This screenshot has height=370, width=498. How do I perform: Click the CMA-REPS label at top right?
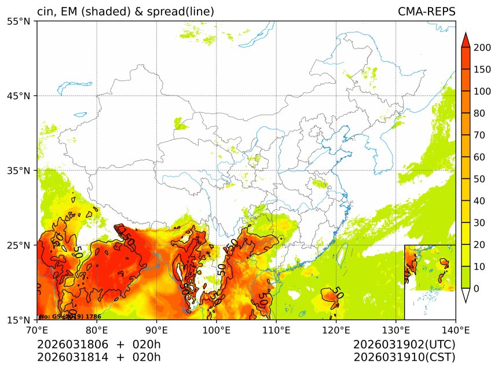pyautogui.click(x=426, y=12)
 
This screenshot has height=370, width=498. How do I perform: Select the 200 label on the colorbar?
pyautogui.click(x=481, y=47)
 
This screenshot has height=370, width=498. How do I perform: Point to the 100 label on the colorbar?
pyautogui.click(x=481, y=91)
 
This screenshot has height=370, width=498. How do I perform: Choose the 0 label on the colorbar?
pyautogui.click(x=476, y=288)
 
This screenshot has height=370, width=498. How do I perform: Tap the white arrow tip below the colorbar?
pyautogui.click(x=465, y=296)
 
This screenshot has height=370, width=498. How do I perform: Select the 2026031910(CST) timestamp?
pyautogui.click(x=404, y=357)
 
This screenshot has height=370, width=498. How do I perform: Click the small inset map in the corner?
pyautogui.click(x=430, y=281)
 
